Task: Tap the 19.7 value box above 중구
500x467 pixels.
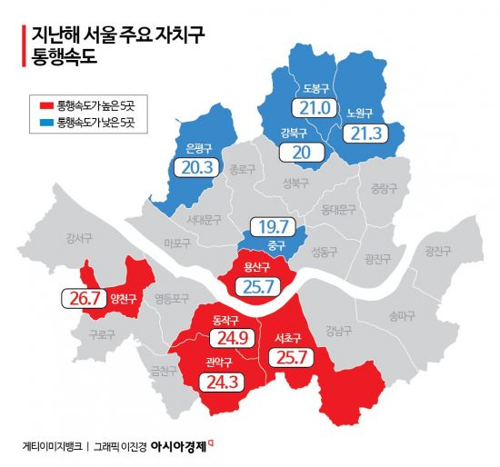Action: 273,226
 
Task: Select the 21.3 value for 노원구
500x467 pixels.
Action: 361,133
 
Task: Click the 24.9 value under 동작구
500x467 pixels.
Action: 227,339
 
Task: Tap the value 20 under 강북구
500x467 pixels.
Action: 302,152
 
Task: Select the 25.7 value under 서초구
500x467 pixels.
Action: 290,357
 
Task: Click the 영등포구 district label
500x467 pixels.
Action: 172,298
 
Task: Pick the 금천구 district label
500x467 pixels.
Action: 165,370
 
